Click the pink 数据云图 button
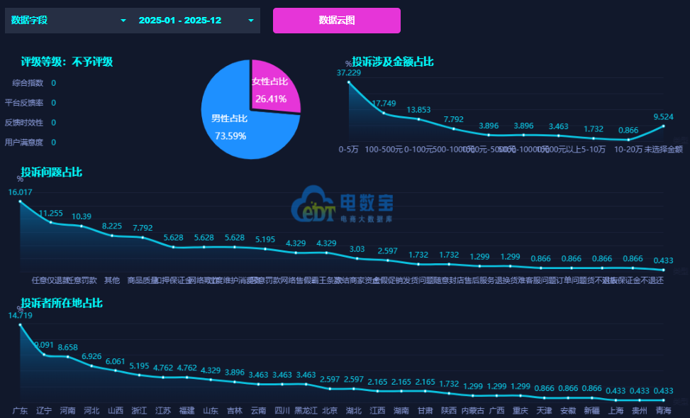(x=336, y=21)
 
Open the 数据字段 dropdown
(x=68, y=21)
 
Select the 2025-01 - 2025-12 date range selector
(x=195, y=21)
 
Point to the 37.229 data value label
(x=348, y=72)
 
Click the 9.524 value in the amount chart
(x=664, y=116)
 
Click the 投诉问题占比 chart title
(x=51, y=172)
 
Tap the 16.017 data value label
(x=21, y=192)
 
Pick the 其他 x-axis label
(x=112, y=280)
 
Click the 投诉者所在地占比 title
(x=62, y=303)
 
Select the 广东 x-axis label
(x=21, y=410)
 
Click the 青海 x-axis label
(x=663, y=410)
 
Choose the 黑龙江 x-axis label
(x=306, y=410)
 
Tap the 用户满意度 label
(x=24, y=143)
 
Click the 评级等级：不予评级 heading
(x=67, y=62)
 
